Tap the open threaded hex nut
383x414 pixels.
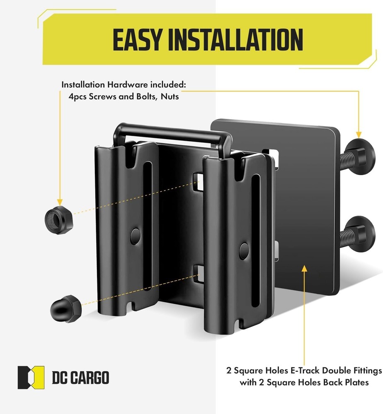[59, 217]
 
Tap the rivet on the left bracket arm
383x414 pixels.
[135, 236]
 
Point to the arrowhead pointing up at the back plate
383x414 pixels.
[305, 269]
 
